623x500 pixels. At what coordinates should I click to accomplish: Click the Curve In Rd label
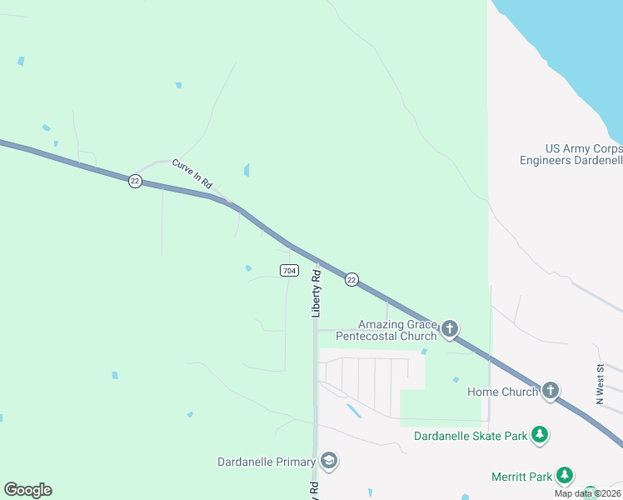pos(192,172)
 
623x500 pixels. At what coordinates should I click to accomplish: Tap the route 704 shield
pos(289,271)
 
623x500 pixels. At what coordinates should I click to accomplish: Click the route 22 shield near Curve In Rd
pos(135,181)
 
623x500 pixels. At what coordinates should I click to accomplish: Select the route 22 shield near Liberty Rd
pos(351,280)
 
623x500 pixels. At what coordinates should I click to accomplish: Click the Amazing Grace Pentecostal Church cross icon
pos(450,329)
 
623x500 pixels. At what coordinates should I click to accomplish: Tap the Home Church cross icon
pos(550,391)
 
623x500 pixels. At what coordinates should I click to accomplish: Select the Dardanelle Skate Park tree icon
pos(540,435)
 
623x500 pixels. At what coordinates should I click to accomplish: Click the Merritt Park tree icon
pos(566,476)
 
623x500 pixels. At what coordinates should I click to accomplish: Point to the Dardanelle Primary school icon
pos(329,461)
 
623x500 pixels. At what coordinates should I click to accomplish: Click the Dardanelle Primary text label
pos(267,462)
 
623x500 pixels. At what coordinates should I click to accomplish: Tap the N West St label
pos(600,384)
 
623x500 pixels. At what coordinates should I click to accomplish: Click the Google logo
pos(27,490)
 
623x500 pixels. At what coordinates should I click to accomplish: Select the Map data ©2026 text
pos(587,493)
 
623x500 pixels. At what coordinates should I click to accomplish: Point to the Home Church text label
pos(502,392)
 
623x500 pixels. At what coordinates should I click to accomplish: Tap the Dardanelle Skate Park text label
pos(471,436)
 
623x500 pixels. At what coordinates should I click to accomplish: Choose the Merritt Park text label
pos(522,477)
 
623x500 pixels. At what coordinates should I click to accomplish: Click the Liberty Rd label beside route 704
pos(316,292)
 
